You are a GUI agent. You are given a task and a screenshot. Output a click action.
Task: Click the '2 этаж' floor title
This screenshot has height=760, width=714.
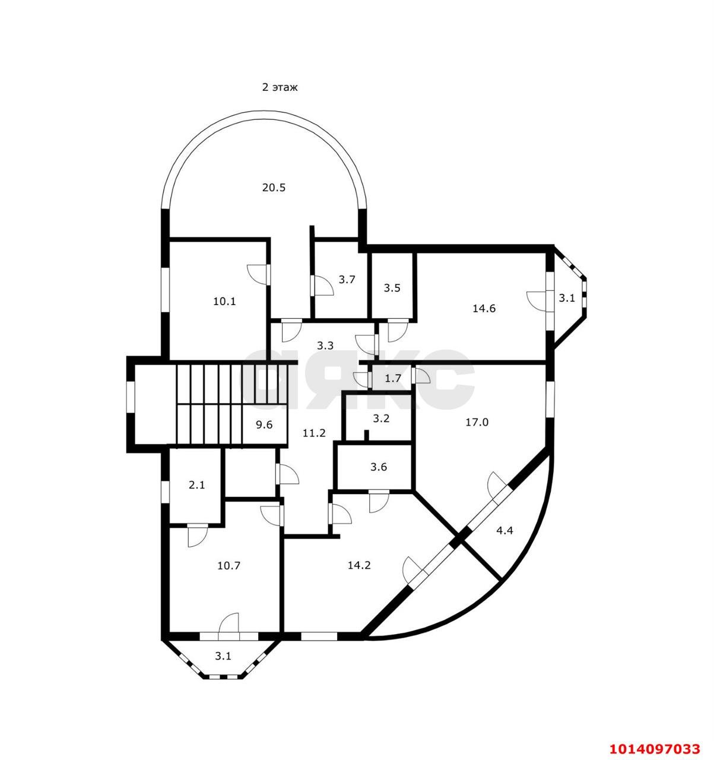pos(280,87)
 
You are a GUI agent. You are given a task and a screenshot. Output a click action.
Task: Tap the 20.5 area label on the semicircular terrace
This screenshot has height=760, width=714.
pos(274,188)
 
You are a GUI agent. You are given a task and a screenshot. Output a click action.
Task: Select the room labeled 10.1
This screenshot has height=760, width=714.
pos(224,301)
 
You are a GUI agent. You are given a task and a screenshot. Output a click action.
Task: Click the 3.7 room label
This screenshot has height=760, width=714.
pos(347,280)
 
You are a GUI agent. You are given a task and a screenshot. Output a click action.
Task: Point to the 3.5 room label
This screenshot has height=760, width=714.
pos(392,288)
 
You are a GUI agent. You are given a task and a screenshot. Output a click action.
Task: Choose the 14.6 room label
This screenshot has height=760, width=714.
pos(484,308)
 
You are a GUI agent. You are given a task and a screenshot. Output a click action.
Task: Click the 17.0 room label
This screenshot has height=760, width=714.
pos(477,422)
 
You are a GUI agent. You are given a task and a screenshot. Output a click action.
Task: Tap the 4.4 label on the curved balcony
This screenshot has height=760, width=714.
pos(504,531)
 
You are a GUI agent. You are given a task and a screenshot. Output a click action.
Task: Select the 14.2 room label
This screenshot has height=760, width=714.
pos(359,565)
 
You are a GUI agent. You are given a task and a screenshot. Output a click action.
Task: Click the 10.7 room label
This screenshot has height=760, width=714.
pos(229,565)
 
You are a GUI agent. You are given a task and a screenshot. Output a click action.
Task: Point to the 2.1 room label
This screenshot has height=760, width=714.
pos(196,484)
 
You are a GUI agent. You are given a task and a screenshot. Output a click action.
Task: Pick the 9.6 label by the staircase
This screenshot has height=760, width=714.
pos(264,425)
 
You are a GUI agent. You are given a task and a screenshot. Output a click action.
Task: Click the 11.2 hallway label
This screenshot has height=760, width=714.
pos(314,433)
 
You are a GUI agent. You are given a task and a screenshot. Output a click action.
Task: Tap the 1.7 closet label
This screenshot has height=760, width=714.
pos(393,378)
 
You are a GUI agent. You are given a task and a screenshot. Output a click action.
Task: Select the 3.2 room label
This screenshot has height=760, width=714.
pos(380,418)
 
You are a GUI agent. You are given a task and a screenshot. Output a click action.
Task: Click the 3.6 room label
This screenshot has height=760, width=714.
pos(379,467)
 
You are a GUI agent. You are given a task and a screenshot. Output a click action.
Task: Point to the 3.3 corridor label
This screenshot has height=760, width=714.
pos(325,345)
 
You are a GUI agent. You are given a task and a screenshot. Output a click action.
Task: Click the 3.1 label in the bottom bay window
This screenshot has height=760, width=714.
pos(223,656)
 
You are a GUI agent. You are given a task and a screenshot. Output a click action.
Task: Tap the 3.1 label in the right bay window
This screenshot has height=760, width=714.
pos(567,298)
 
